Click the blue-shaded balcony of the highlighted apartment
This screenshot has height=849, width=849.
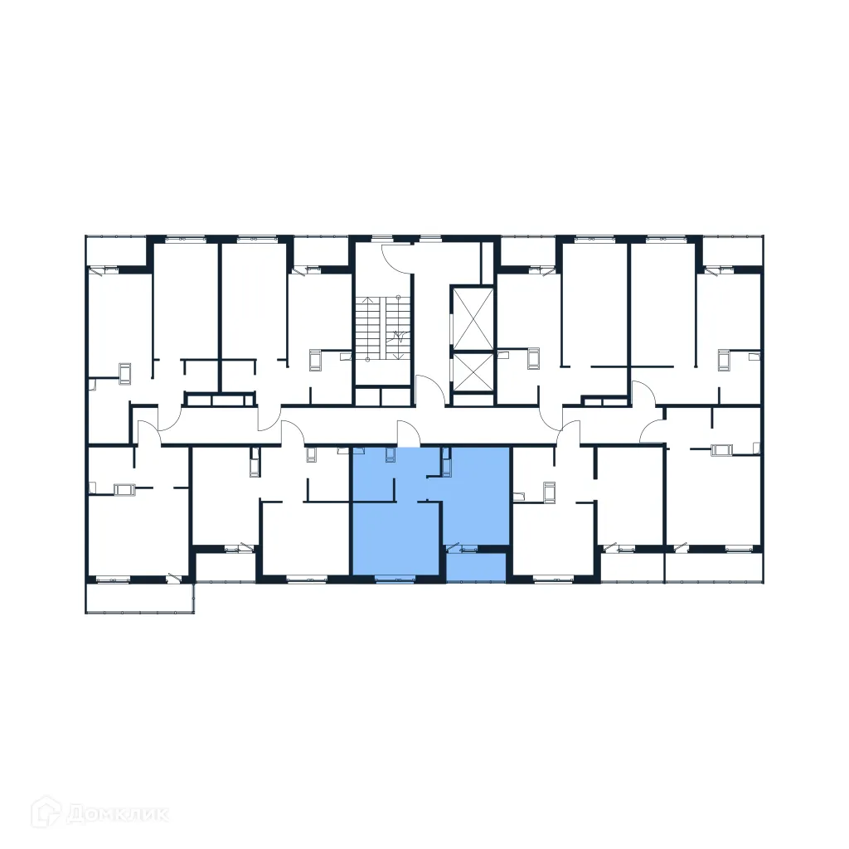click(476, 566)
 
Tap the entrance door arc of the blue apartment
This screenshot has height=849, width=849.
click(409, 433)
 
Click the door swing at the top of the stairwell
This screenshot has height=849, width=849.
click(395, 255)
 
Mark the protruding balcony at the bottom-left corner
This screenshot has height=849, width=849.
click(140, 598)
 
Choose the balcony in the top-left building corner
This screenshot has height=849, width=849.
click(116, 251)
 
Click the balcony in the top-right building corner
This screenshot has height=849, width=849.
click(731, 251)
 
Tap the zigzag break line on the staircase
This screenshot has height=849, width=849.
click(399, 336)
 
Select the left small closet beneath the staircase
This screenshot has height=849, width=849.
click(368, 396)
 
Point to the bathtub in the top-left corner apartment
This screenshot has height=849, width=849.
click(125, 373)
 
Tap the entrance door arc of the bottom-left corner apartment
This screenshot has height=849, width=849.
click(148, 433)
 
